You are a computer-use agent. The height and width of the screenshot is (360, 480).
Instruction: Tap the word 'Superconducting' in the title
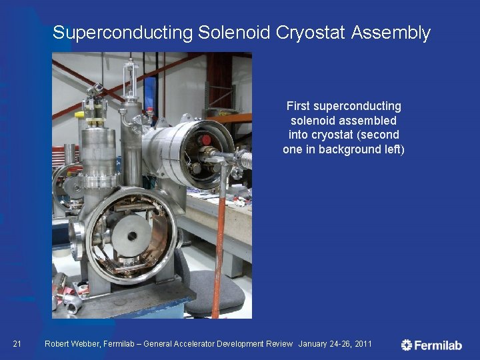[x=121, y=32]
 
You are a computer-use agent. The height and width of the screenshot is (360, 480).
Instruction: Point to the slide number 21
[x=18, y=344]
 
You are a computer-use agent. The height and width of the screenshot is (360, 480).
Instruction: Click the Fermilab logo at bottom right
[x=431, y=345]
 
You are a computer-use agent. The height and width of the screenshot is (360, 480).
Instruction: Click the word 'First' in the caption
[x=298, y=106]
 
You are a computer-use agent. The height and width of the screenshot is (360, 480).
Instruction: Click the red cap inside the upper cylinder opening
[x=207, y=140]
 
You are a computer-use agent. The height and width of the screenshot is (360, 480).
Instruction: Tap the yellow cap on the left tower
[x=80, y=115]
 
